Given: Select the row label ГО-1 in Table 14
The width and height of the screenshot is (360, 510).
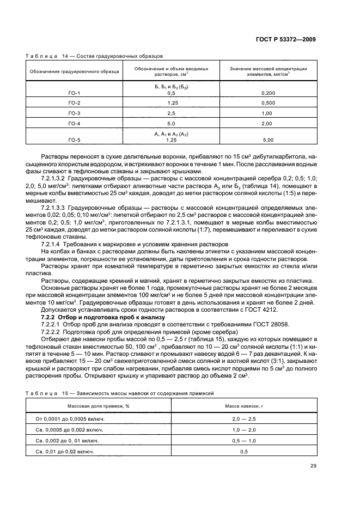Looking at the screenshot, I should coord(74,93).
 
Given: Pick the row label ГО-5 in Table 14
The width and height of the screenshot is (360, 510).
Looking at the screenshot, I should coord(74,139).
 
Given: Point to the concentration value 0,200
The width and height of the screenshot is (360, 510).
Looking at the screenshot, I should coord(267,93).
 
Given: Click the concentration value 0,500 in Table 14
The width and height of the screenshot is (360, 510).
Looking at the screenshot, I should coord(267,103).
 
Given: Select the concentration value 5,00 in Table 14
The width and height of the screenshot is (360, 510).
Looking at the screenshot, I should coord(267,139).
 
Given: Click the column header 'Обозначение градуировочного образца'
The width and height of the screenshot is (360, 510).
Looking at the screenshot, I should coord(74,72).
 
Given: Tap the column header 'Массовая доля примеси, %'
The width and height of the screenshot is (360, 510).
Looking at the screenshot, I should coord(99,406).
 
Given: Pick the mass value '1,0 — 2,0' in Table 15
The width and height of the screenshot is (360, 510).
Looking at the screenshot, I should coord(243,430).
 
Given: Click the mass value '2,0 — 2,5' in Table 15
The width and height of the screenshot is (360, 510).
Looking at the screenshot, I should coord(243,419).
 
